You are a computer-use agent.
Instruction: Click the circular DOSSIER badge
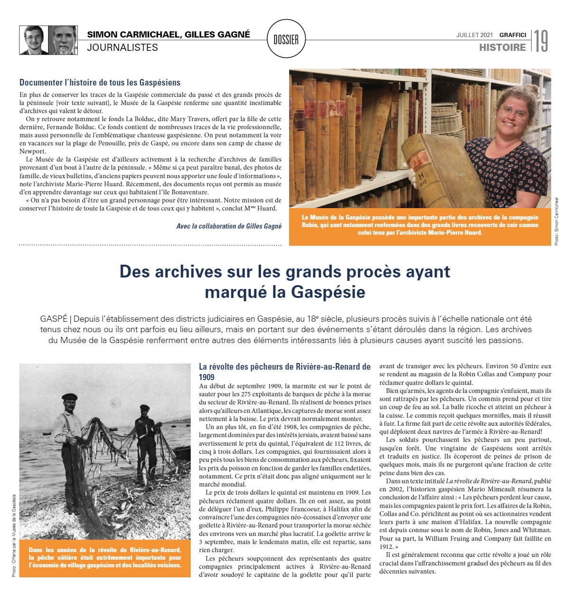click(286, 39)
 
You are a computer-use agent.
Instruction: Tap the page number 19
click(541, 41)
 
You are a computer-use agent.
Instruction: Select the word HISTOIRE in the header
click(502, 48)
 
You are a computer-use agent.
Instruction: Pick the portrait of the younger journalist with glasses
click(33, 40)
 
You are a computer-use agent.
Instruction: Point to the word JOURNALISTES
click(122, 48)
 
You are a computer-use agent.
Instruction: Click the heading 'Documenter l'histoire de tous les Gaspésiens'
click(100, 83)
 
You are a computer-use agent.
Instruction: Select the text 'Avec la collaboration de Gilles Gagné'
click(229, 226)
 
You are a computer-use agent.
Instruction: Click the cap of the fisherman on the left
click(69, 397)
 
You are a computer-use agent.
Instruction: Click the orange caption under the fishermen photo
click(105, 557)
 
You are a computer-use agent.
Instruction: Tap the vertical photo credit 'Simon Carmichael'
click(556, 221)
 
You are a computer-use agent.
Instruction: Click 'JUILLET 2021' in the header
click(474, 35)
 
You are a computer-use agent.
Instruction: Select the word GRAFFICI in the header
click(513, 35)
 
